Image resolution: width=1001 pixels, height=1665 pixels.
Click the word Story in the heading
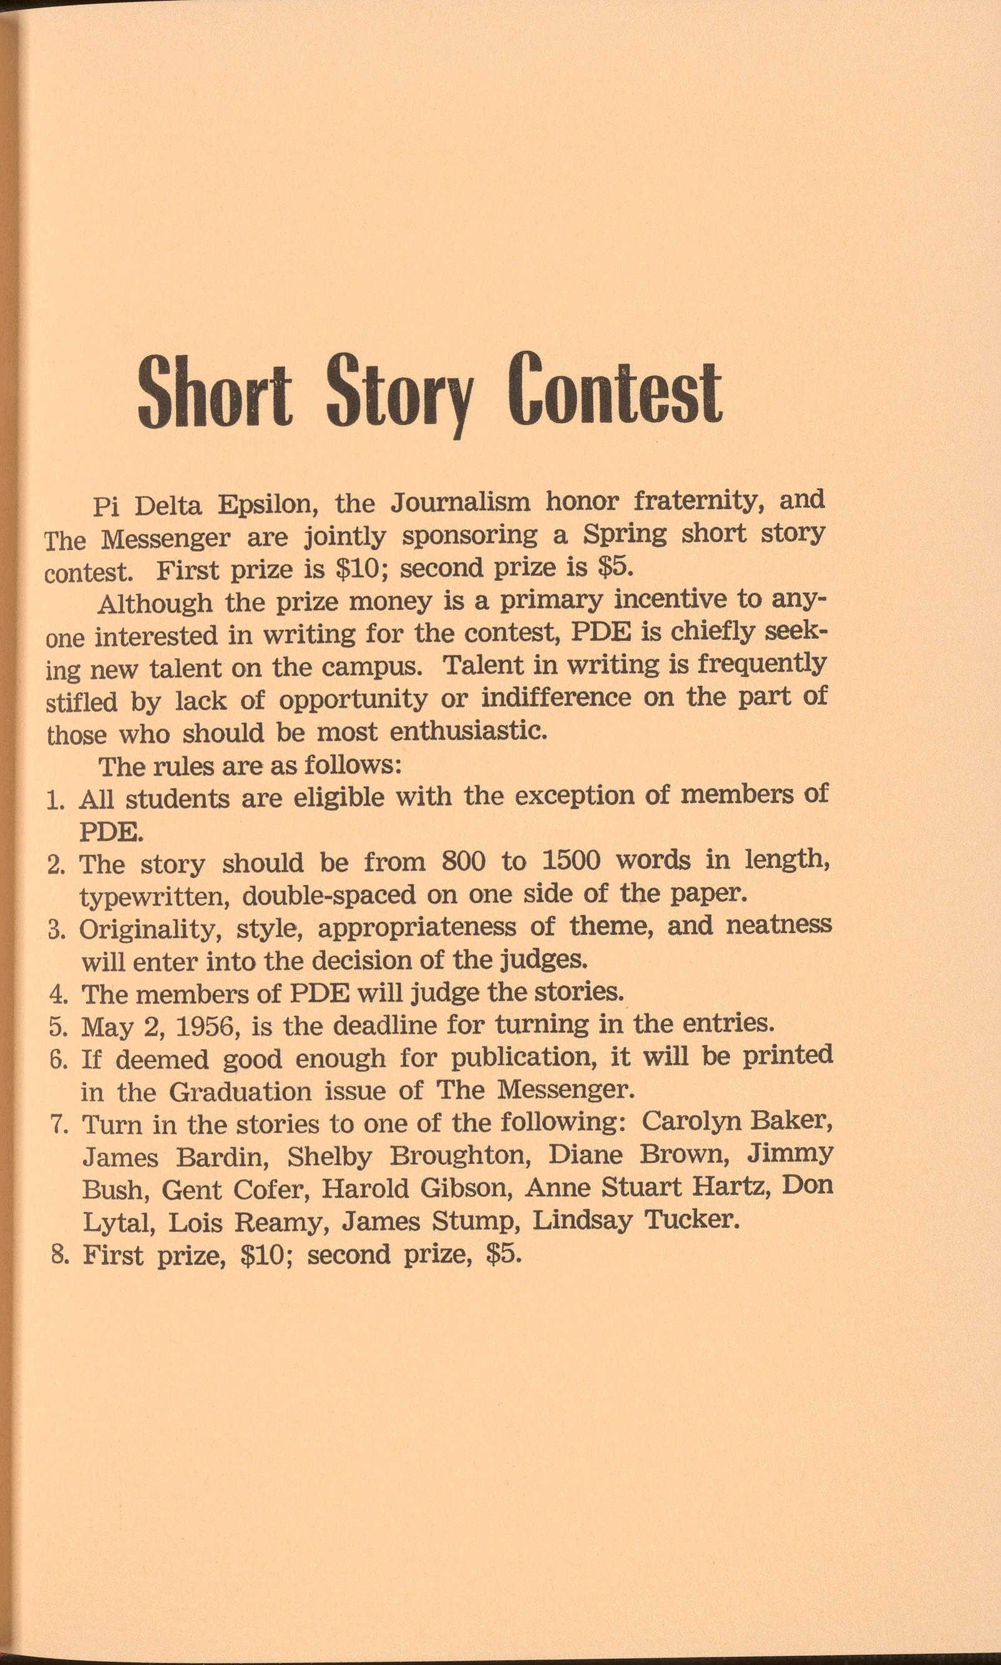tap(399, 393)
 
